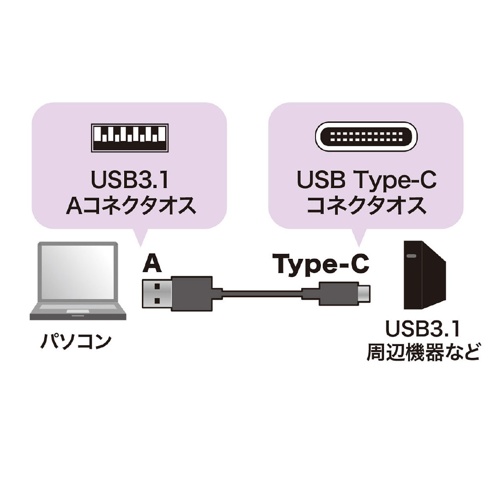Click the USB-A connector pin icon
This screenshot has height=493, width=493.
coord(130,138)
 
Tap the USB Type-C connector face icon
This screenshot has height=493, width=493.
coord(366,137)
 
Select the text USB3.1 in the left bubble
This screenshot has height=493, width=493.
coord(130,179)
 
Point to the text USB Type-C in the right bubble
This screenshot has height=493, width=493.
coord(366,180)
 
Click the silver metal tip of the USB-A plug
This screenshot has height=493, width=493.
coord(157,294)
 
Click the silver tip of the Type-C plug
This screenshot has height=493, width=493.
coord(364,294)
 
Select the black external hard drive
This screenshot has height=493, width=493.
coord(424,275)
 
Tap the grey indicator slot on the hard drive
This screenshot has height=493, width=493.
coord(412,256)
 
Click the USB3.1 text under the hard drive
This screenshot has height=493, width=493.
coord(423,328)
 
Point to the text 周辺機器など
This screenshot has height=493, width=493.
coord(423,353)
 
